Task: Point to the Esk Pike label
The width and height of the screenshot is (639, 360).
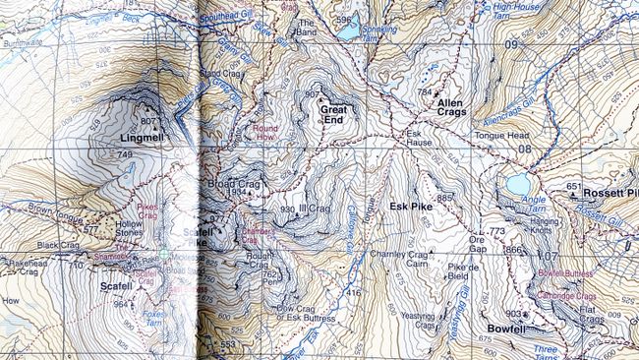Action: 411,207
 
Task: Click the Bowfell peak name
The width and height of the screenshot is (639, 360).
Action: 508,329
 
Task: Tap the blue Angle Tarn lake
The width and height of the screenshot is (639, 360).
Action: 517,185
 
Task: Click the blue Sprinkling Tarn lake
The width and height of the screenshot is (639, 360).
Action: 348,31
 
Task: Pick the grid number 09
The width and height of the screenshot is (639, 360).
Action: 510,45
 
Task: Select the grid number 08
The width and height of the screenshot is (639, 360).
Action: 524,150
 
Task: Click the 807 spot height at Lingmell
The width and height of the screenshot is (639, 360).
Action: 148,121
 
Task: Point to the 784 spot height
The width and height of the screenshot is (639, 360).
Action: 425,92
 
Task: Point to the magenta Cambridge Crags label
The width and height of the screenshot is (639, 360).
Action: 566,295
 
